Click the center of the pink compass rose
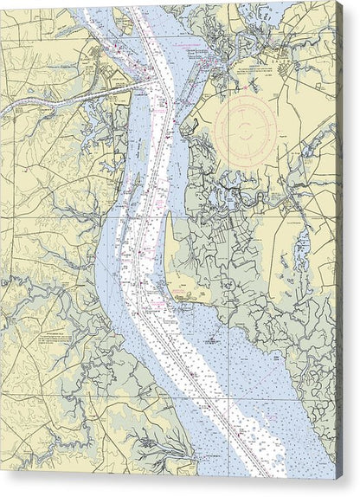247,132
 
